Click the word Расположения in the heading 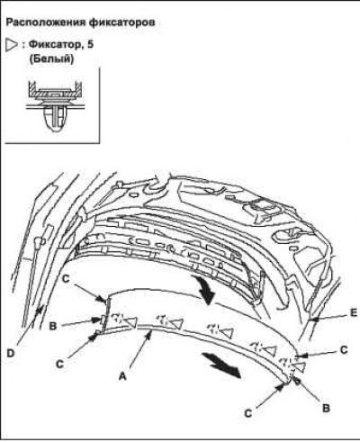click(x=46, y=23)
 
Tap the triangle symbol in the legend click(x=12, y=45)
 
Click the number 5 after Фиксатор click(x=91, y=45)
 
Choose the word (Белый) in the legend click(x=51, y=59)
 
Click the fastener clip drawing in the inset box click(x=54, y=105)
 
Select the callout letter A click(x=122, y=375)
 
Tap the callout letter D click(x=10, y=354)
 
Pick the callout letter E click(x=354, y=313)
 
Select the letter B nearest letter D click(x=53, y=326)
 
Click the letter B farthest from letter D click(x=326, y=408)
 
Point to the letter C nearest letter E click(x=344, y=350)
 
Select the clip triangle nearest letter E click(x=299, y=366)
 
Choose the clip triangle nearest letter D click(x=130, y=322)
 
